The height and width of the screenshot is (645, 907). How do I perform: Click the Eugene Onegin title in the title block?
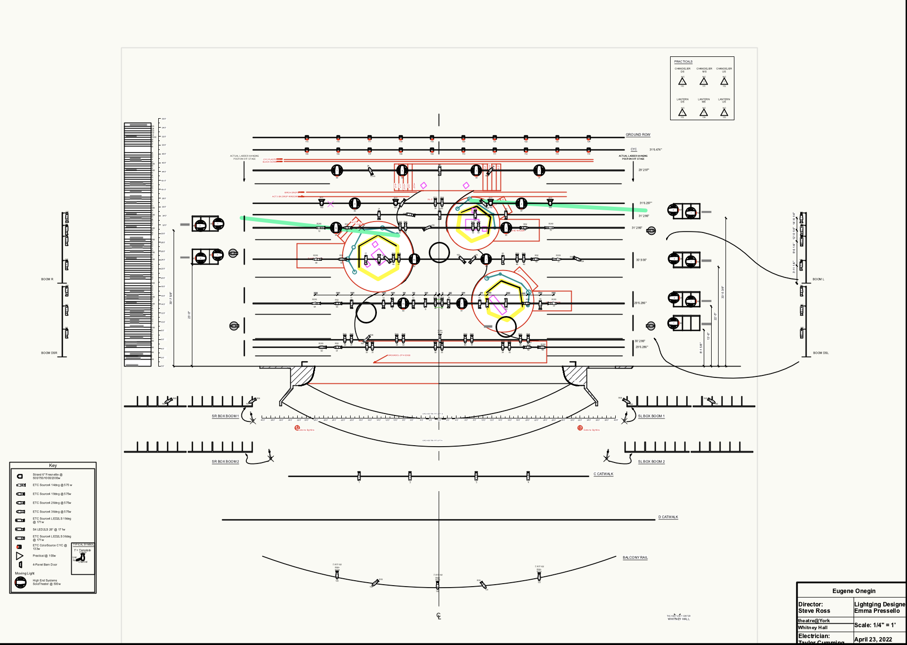tap(854, 591)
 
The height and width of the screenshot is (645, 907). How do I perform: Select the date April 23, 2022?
tap(873, 639)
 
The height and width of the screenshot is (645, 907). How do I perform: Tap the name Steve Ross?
tap(814, 611)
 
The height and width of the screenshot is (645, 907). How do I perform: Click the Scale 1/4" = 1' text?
tap(875, 625)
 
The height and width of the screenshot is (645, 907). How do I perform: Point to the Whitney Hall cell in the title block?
tap(813, 627)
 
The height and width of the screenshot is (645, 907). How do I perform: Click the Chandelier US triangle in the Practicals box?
tap(724, 81)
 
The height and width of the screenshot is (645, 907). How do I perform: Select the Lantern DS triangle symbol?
tap(682, 112)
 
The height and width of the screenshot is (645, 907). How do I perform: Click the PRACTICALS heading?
tap(683, 62)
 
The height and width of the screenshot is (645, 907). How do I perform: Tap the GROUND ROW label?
tap(638, 135)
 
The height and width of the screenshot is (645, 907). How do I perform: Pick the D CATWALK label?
tap(668, 517)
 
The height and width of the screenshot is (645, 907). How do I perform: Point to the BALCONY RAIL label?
tap(635, 557)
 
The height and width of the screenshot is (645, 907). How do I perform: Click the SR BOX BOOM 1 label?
tap(225, 416)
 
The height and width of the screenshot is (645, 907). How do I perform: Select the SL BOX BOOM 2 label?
tap(651, 461)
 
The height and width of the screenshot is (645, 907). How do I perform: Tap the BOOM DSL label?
tap(820, 353)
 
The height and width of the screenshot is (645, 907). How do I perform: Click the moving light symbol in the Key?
tap(20, 582)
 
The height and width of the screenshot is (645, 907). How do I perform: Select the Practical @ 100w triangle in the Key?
tap(20, 556)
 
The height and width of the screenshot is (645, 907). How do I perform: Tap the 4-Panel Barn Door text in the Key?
tap(45, 564)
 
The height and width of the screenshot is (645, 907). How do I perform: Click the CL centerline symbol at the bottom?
tap(439, 616)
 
